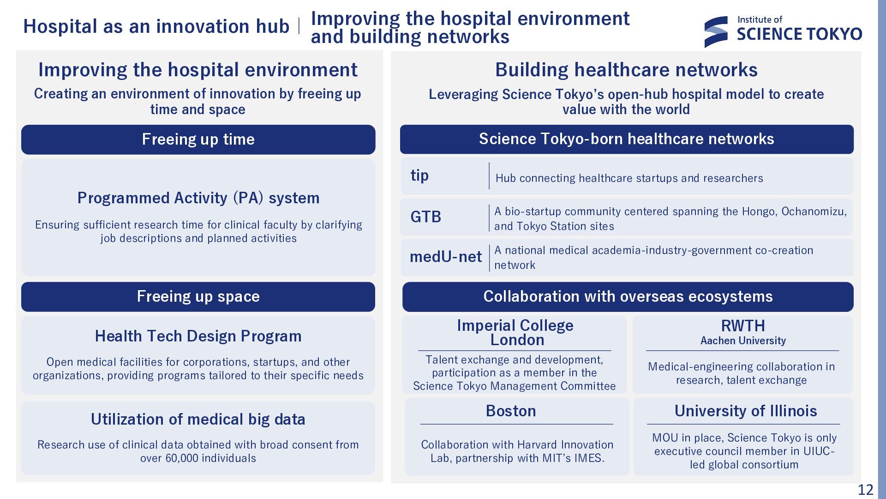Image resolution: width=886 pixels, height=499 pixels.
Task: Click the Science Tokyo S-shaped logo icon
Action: point(716,32)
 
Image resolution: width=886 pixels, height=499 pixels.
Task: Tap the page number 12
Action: point(866,490)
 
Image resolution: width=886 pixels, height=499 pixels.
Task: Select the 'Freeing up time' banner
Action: point(198,140)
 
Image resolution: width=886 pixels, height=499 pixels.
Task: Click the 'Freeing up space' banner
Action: point(198,297)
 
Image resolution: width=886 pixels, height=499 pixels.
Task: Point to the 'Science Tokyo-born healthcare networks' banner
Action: point(627,139)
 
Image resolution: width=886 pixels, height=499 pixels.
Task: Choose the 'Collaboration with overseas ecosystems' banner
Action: point(628,297)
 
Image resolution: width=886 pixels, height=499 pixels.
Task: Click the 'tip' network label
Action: point(419,176)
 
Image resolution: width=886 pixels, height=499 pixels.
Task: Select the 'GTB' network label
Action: point(425,217)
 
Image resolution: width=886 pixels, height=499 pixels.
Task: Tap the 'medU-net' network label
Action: point(446,257)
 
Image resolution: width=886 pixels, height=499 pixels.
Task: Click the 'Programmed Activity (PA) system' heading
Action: point(198,198)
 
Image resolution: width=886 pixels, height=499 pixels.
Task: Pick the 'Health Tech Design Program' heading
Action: point(198,336)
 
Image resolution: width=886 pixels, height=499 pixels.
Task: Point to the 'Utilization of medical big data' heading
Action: point(198,419)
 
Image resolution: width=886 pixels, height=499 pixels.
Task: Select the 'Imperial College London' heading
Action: point(515,333)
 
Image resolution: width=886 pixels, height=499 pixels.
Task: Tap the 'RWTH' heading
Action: point(743,326)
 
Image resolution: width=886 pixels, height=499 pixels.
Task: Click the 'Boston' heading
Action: point(511,411)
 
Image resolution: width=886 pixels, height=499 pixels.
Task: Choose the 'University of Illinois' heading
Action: point(746,411)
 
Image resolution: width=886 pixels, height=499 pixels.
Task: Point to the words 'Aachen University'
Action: point(743,341)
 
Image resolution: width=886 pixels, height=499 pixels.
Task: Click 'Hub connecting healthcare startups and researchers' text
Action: point(629,178)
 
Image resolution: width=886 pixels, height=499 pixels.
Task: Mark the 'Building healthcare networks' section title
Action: point(626,70)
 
